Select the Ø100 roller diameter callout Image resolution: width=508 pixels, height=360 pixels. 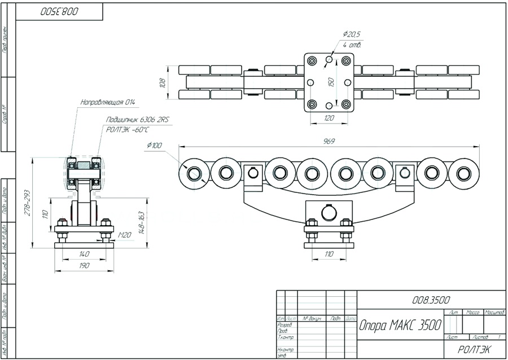[x=154, y=146]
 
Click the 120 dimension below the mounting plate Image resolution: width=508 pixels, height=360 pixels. [x=329, y=118]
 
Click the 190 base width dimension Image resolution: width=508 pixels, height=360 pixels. [x=84, y=265]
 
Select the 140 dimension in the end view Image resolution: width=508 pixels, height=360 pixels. [x=84, y=254]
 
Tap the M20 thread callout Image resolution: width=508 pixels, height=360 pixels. [x=125, y=235]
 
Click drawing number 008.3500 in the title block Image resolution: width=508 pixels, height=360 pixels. [x=431, y=299]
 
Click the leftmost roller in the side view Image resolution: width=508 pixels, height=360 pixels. [x=194, y=173]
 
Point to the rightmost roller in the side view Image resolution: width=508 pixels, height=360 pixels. [x=464, y=173]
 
